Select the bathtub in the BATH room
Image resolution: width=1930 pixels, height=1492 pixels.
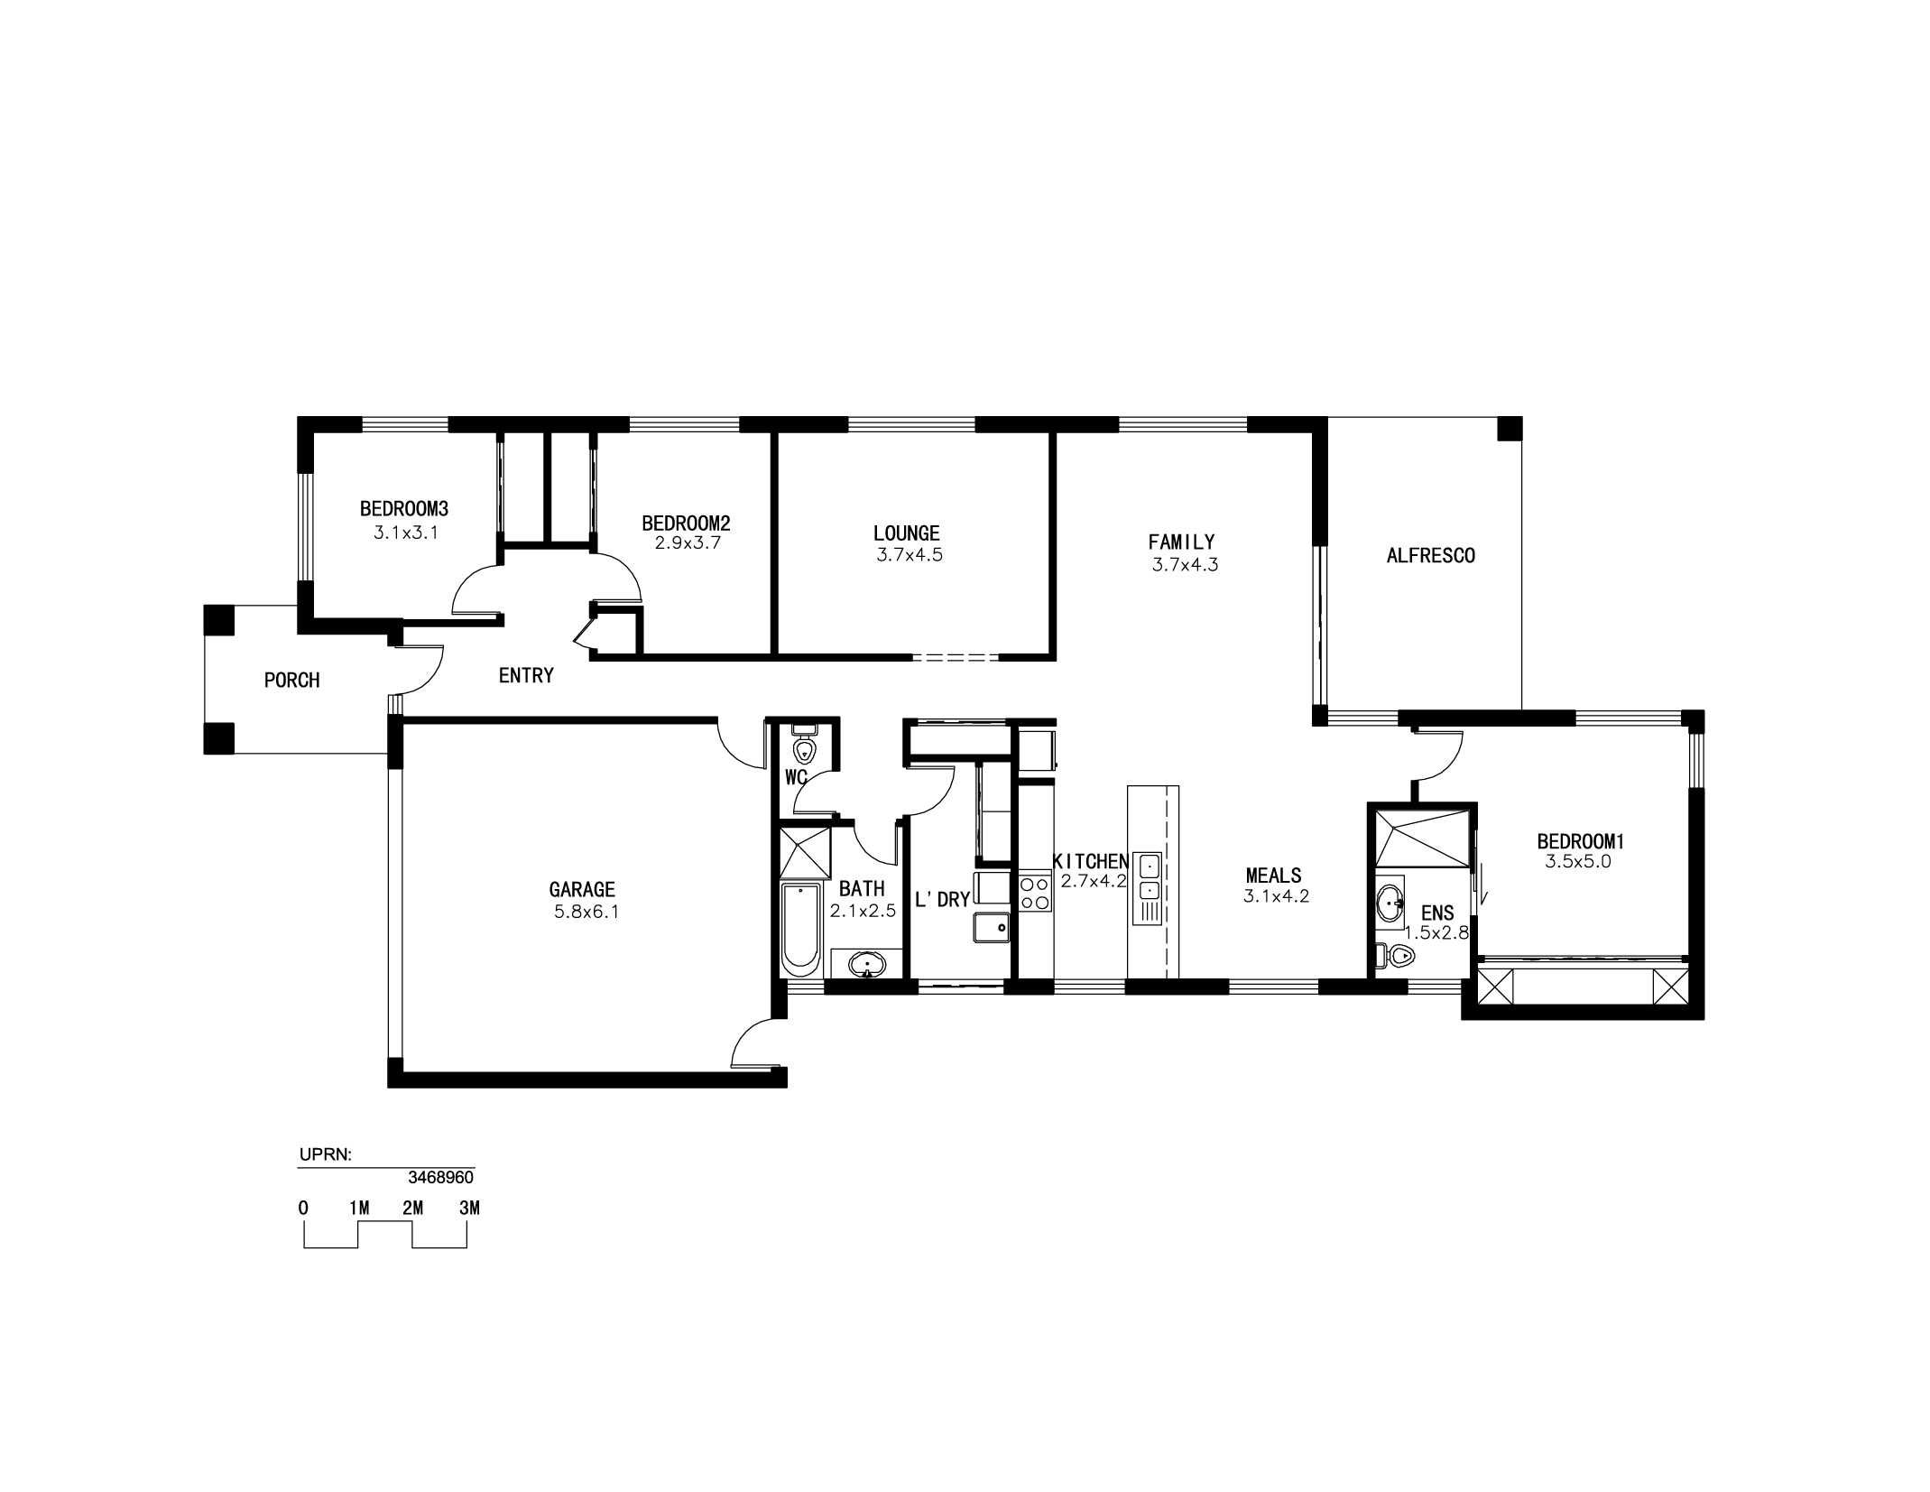[799, 930]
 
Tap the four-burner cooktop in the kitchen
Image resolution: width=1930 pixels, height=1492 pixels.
[1035, 893]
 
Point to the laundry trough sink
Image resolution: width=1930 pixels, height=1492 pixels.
[991, 928]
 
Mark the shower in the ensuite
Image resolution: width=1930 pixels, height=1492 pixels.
[1421, 839]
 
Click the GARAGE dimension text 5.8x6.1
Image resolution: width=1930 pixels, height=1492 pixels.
[586, 912]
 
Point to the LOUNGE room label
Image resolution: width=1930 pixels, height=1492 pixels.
[907, 533]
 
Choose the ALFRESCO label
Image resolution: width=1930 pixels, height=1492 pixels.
[1430, 555]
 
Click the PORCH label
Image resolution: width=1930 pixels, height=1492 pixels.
[291, 681]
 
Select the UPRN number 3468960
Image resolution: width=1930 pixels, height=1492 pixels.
[441, 1178]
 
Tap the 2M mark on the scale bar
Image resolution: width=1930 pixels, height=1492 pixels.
[413, 1209]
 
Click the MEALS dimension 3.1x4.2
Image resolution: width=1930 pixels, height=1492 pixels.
[1276, 896]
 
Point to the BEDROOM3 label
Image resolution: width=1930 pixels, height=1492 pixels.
[404, 509]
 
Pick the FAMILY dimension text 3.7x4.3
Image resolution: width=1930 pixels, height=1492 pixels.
[1186, 565]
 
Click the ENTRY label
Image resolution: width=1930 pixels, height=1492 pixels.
[526, 675]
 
